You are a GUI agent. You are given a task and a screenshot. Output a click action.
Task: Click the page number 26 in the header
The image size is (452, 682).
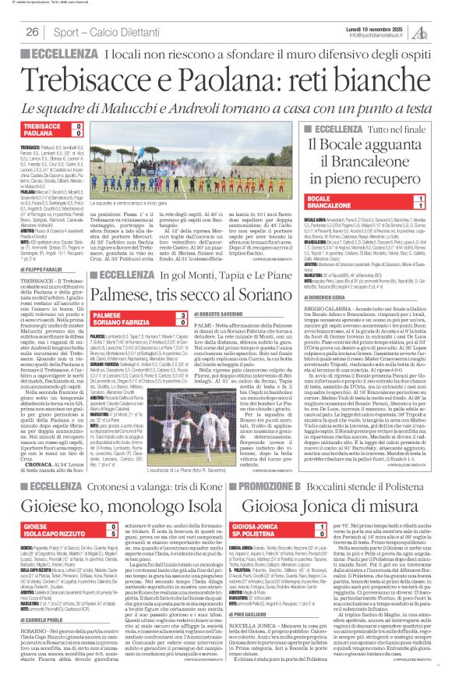33,30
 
